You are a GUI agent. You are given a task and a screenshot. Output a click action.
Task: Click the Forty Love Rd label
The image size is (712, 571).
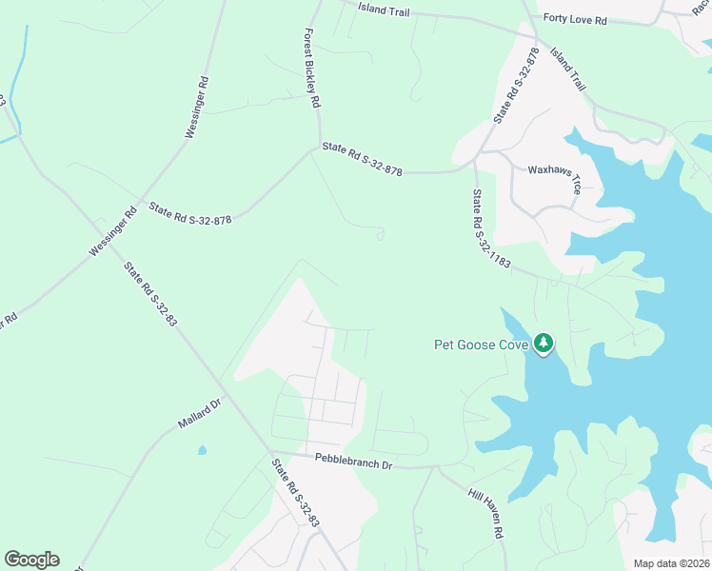coord(575,18)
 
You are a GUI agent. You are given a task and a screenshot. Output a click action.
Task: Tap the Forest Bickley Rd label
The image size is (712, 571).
coord(310,67)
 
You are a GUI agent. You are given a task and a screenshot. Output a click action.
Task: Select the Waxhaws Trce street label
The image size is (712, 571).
coord(555,177)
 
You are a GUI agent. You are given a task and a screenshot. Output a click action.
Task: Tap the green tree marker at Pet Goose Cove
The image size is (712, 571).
coord(544,343)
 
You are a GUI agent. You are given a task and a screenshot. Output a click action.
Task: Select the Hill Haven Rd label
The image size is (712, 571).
coord(485,514)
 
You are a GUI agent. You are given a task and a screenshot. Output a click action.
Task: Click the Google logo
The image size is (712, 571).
coord(31,560)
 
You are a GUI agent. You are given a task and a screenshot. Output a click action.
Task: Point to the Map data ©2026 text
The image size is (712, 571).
coord(670,563)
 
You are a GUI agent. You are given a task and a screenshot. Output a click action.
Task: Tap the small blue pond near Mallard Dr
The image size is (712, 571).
coord(201,449)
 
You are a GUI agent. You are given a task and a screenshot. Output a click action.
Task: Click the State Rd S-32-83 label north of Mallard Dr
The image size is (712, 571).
coord(150,294)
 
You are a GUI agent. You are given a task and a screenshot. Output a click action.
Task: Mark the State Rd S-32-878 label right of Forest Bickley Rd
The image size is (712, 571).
coord(363,159)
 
